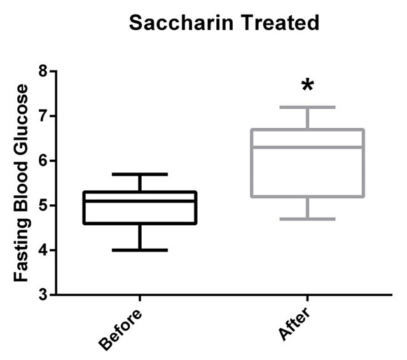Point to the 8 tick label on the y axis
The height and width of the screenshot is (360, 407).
(x=43, y=71)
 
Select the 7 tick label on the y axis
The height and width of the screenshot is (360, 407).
(x=43, y=116)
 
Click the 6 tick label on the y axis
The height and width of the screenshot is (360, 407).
(x=43, y=161)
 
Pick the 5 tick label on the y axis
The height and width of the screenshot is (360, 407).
(x=43, y=205)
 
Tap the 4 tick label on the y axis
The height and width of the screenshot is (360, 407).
(x=43, y=250)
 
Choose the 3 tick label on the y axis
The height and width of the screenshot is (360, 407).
(x=43, y=294)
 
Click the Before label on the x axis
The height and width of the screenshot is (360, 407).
(x=121, y=329)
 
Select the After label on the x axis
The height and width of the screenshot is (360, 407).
(x=294, y=324)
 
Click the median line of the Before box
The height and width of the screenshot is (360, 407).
(x=139, y=201)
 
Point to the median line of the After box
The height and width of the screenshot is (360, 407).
(x=308, y=147)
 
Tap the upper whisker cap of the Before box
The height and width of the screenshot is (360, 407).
(x=139, y=174)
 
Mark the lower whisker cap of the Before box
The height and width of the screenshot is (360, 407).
(x=139, y=250)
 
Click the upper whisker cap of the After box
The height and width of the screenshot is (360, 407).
(x=308, y=107)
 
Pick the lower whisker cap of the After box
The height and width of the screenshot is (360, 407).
(x=308, y=219)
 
